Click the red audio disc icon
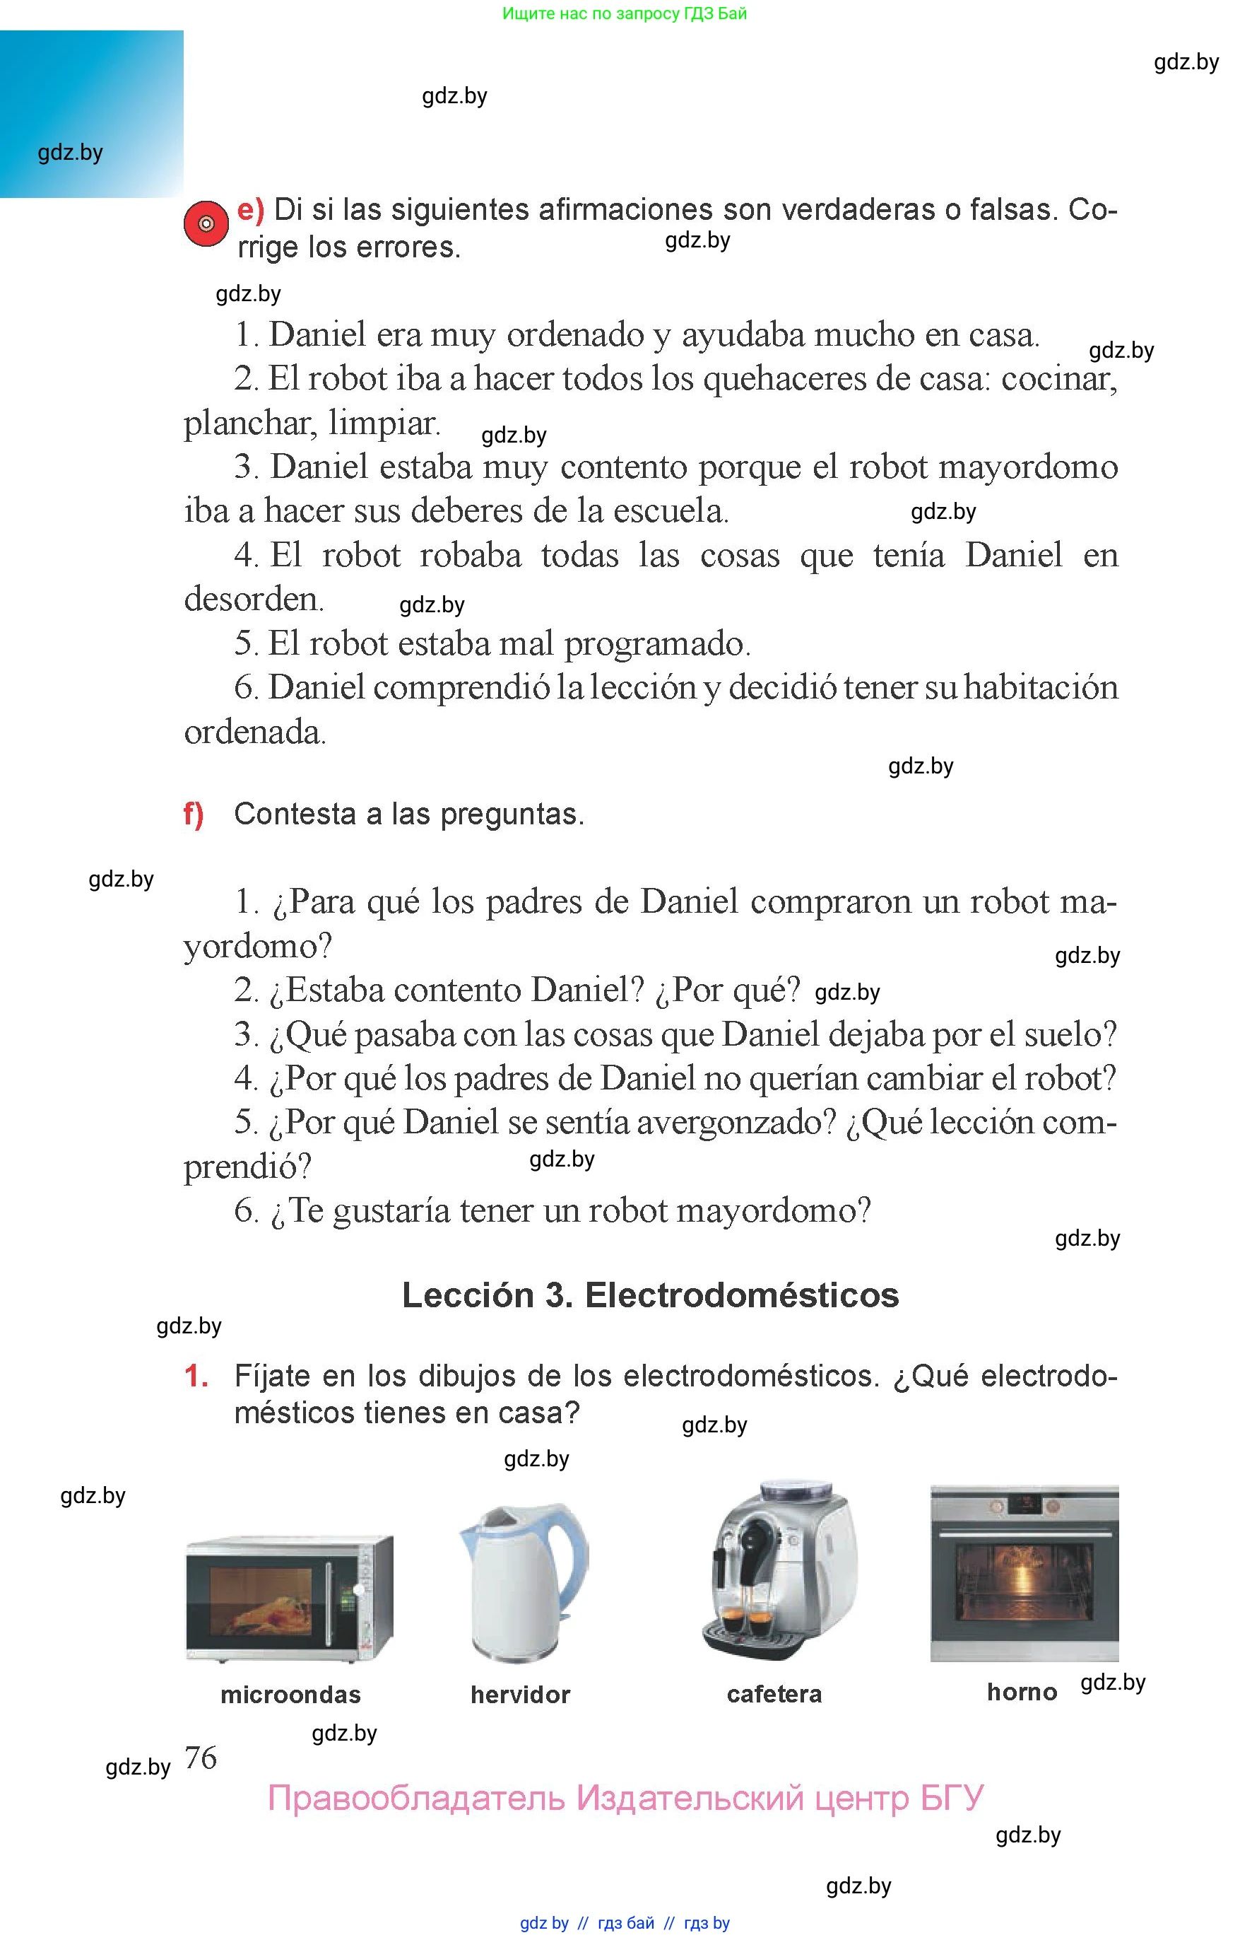coord(206,223)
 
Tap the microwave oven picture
coord(290,1599)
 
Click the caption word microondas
coord(290,1695)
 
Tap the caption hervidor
coord(520,1695)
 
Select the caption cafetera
coord(774,1695)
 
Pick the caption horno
coord(1022,1693)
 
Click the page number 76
coord(201,1758)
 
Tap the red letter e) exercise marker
coord(250,210)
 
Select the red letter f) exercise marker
coord(194,814)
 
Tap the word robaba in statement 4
coord(470,556)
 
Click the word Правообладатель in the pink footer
coord(415,1799)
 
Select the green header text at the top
coord(625,13)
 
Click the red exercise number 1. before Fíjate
coord(196,1377)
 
